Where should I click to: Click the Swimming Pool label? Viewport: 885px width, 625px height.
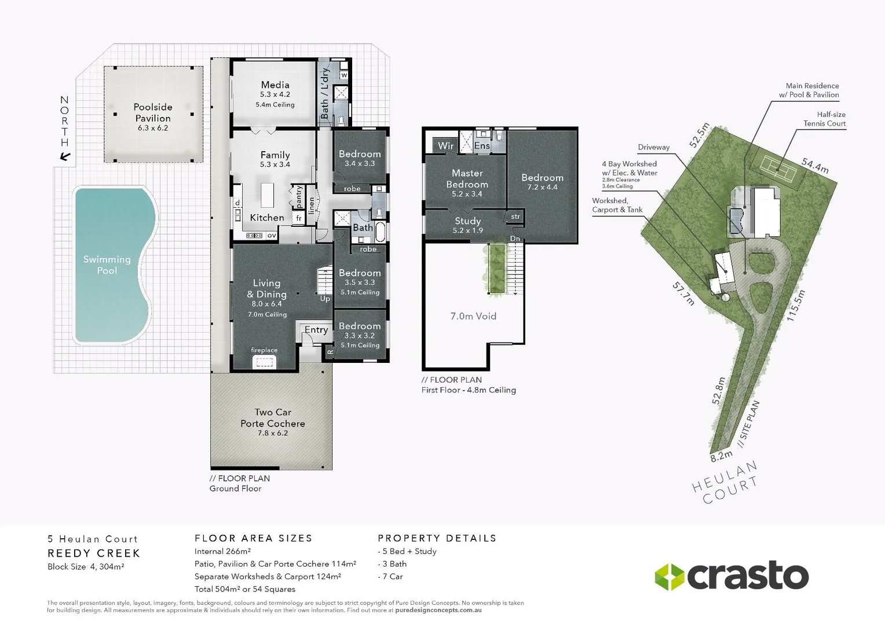107,264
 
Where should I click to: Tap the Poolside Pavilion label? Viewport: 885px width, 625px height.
153,113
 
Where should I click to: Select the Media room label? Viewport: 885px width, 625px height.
275,85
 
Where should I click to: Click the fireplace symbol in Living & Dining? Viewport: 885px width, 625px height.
264,361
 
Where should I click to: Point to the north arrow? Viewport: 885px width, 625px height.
65,156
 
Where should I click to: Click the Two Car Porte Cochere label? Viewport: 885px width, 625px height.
273,418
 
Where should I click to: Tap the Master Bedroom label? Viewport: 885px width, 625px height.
467,179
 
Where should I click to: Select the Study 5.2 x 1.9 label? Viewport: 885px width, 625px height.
467,225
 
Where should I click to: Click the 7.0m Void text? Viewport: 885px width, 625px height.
473,316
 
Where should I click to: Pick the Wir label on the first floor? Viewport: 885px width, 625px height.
445,146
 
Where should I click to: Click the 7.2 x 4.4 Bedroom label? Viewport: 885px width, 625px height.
542,182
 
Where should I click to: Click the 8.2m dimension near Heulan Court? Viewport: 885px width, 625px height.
721,456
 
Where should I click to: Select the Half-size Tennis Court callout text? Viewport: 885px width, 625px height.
825,119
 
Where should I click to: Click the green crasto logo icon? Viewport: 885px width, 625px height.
669,576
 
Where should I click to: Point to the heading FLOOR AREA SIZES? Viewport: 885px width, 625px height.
253,538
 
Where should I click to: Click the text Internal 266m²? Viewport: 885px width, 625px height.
222,552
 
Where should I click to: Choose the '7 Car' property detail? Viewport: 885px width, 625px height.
392,576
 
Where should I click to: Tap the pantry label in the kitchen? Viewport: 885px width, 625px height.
299,197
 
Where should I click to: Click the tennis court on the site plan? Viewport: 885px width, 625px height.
780,167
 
